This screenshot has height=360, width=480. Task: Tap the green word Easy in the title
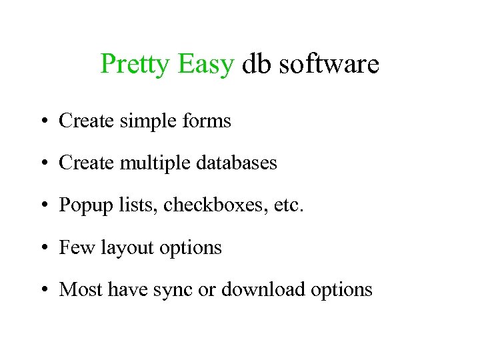tap(206, 65)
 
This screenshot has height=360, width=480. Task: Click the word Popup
tap(83, 205)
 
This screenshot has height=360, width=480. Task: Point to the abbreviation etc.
tap(288, 205)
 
